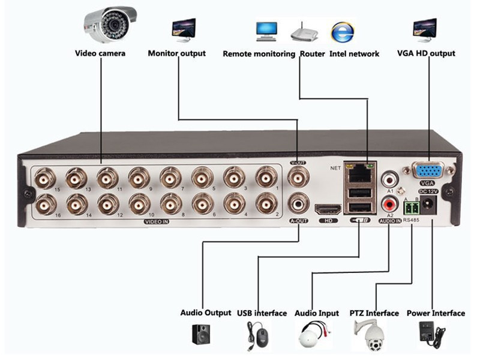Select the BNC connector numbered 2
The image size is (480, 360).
click(x=266, y=205)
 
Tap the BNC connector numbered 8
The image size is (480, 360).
click(x=171, y=205)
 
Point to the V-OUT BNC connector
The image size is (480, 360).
click(x=298, y=177)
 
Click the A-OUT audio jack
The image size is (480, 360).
click(x=298, y=205)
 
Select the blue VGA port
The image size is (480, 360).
click(x=428, y=170)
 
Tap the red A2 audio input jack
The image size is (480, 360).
click(x=389, y=204)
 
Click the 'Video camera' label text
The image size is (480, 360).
click(x=100, y=53)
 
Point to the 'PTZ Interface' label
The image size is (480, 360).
click(x=374, y=313)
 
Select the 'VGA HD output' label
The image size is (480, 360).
click(x=426, y=53)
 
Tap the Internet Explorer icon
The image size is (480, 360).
click(x=342, y=31)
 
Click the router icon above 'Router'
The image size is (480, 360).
click(x=304, y=33)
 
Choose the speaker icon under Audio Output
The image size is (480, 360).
click(x=202, y=334)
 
